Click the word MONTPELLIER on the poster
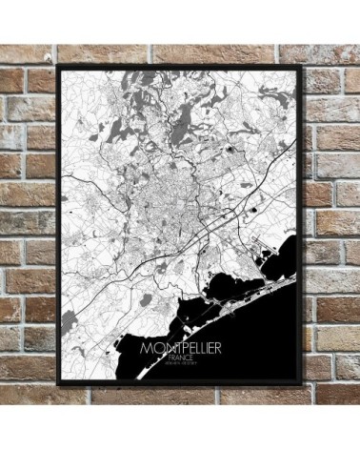pyautogui.click(x=180, y=349)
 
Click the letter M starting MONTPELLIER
pyautogui.click(x=145, y=349)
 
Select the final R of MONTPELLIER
pyautogui.click(x=217, y=349)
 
